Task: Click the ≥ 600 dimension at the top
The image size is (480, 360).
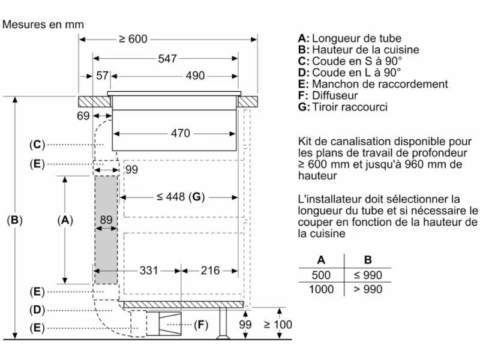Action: click(x=133, y=39)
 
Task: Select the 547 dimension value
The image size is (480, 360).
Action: click(x=167, y=58)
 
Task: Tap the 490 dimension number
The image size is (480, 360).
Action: click(x=195, y=76)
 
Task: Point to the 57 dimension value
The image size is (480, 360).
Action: click(x=102, y=76)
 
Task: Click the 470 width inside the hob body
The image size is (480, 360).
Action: click(x=181, y=133)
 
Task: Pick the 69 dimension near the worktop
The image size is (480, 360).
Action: click(x=83, y=116)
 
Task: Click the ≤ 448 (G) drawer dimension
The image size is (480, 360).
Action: click(x=181, y=197)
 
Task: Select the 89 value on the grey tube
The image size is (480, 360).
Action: click(x=106, y=220)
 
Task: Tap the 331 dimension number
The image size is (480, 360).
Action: click(x=149, y=271)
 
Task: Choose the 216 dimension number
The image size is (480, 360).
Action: click(x=210, y=271)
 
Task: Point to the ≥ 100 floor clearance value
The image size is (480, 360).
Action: click(x=278, y=325)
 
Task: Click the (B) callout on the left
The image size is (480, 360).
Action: click(x=14, y=220)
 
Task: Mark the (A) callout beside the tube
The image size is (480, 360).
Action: click(x=65, y=220)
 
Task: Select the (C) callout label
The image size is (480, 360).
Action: click(x=37, y=144)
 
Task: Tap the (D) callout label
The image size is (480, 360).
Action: click(x=37, y=310)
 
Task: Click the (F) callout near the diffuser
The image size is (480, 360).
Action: click(x=201, y=325)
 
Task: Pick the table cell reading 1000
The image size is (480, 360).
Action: click(x=321, y=289)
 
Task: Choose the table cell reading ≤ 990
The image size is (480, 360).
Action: click(x=368, y=275)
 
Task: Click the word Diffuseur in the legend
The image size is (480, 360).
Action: click(x=335, y=95)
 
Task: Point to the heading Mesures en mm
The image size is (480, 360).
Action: click(x=43, y=25)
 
